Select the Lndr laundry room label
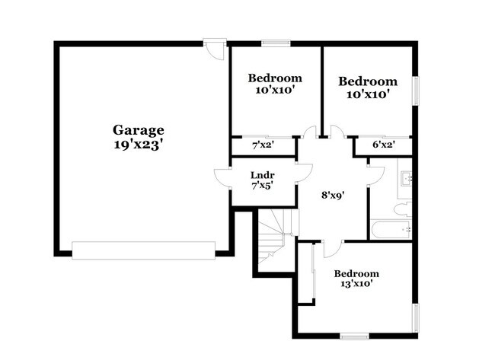pos(263,174)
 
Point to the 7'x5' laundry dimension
pos(263,185)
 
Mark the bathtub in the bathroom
pos(391,228)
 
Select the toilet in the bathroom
pos(404,206)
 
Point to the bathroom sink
pos(406,180)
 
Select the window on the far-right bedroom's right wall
pos(416,91)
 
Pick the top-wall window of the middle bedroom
pos(273,43)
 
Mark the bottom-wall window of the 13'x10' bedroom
pos(354,336)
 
